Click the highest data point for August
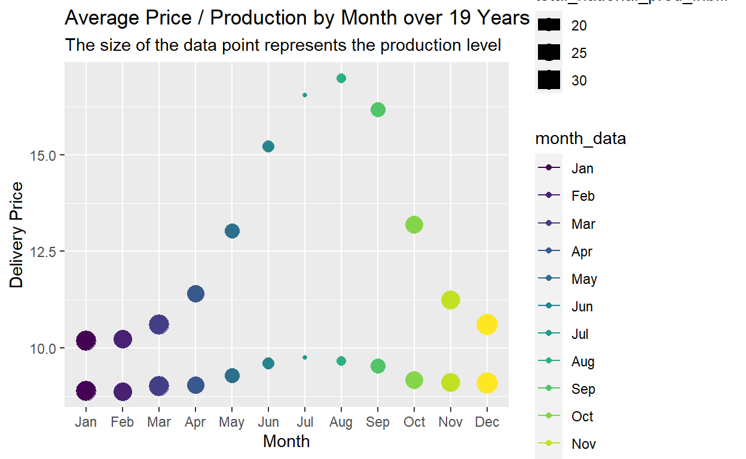pyautogui.click(x=341, y=78)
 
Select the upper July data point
pyautogui.click(x=305, y=95)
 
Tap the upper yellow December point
pyautogui.click(x=487, y=325)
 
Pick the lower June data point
pyautogui.click(x=268, y=363)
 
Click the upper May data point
pyautogui.click(x=232, y=231)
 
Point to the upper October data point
pyautogui.click(x=414, y=225)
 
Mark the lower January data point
pyautogui.click(x=86, y=391)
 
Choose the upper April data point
pyautogui.click(x=195, y=293)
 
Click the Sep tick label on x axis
pyautogui.click(x=378, y=423)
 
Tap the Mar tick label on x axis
pyautogui.click(x=159, y=423)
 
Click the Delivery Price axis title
pyautogui.click(x=17, y=235)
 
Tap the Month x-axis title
pyautogui.click(x=286, y=442)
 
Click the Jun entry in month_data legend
pyautogui.click(x=582, y=307)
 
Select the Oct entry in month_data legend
pyautogui.click(x=582, y=417)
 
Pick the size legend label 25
pyautogui.click(x=579, y=53)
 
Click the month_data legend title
pyautogui.click(x=580, y=139)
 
